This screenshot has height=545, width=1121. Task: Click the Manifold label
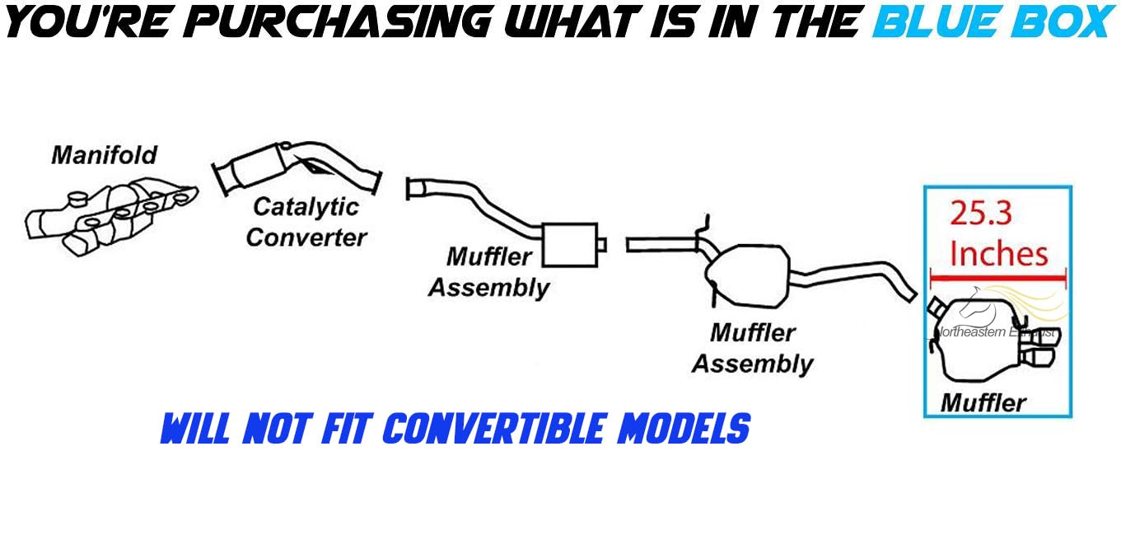(x=104, y=154)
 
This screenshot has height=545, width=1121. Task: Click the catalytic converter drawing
(x=297, y=170)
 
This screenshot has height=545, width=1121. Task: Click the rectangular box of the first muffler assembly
(x=570, y=243)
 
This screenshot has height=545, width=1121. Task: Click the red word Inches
(x=998, y=253)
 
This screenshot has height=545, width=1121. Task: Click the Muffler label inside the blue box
(x=983, y=402)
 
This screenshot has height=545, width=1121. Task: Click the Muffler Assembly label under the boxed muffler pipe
(x=489, y=272)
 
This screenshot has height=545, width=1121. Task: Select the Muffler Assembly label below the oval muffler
(x=752, y=348)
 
